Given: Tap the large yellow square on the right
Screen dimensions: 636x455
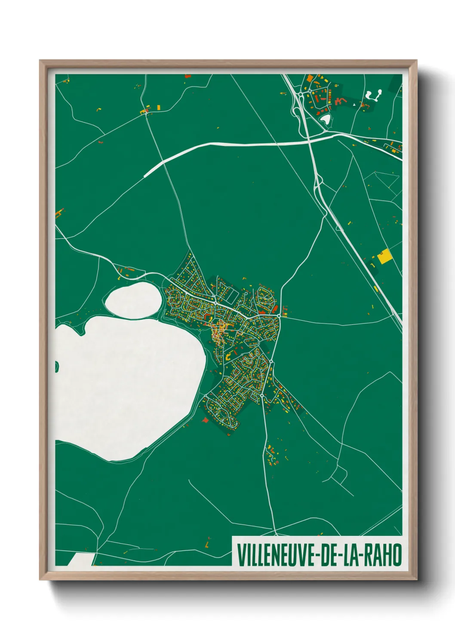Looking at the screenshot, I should point(384,256).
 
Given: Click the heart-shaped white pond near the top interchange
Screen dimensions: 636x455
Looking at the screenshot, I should point(326,119).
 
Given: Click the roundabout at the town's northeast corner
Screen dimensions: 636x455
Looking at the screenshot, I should point(279,316).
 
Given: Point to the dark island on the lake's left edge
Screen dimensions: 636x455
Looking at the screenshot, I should point(56,366).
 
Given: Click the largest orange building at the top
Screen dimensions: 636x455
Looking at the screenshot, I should point(310,79).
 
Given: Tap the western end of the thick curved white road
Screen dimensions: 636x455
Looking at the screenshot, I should point(145,175).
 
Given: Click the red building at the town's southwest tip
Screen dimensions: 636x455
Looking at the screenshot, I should point(205,419).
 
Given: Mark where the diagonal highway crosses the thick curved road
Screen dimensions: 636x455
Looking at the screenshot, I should point(309,139).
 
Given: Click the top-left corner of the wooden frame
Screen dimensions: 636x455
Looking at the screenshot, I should point(40,61).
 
